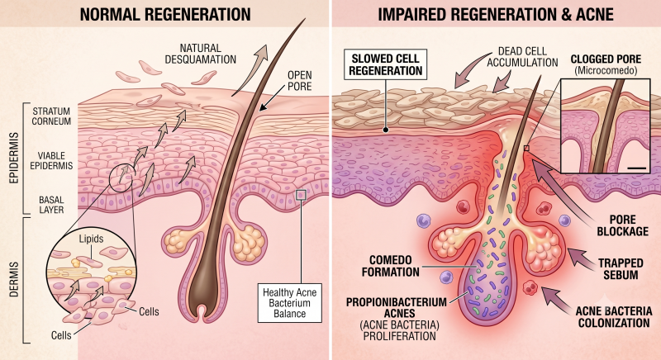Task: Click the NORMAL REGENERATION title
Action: coord(165,14)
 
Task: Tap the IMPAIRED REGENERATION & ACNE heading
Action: coord(495,14)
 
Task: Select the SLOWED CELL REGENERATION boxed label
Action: coord(386,64)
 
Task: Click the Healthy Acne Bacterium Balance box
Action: coord(290,303)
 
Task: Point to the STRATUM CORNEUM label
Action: coord(51,116)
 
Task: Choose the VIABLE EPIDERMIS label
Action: coord(51,161)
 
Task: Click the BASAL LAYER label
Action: coord(51,205)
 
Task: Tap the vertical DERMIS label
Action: coord(14,279)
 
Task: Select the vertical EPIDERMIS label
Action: coord(14,158)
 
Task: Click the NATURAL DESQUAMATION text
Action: coord(201,54)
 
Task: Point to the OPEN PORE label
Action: coord(300,81)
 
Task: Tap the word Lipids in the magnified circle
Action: coord(91,239)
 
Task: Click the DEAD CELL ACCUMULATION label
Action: coord(522,57)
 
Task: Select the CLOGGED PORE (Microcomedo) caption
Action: coord(606,64)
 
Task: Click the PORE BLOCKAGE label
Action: coord(623,225)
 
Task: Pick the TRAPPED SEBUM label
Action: coord(621,269)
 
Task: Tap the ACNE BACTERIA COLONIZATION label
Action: coord(614,317)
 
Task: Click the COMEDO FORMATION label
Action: coord(390,266)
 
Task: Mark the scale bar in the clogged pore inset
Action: coord(637,168)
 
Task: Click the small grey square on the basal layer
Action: coord(301,195)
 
